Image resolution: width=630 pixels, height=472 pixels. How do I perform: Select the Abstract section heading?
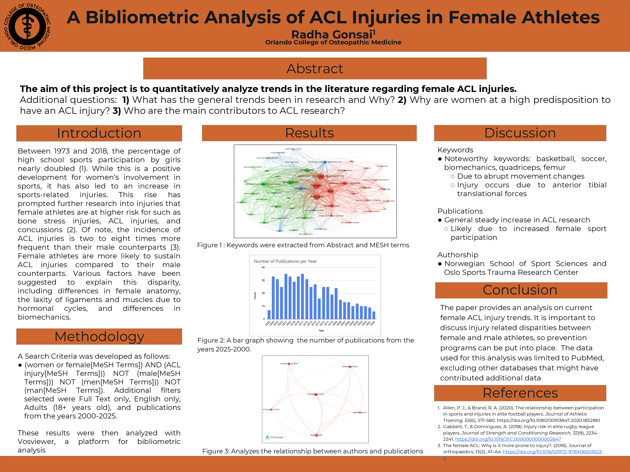coord(315,69)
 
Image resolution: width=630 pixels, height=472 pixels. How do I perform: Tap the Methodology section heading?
coord(99,337)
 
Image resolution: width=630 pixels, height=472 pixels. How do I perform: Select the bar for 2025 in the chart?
coord(269,314)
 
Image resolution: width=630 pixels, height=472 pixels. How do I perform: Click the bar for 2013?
coord(319,309)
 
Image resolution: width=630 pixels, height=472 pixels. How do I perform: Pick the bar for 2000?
coord(374,315)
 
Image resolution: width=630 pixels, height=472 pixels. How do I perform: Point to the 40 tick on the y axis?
coord(263,268)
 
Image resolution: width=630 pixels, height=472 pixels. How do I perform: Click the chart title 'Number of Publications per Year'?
coord(285,261)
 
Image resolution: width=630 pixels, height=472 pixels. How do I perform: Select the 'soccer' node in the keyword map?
coord(279,231)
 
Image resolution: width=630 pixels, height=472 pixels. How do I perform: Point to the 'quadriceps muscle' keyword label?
coord(293,149)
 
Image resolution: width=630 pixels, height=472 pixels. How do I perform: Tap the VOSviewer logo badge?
coord(275,437)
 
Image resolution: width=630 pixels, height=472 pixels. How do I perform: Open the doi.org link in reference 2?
coord(508,439)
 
